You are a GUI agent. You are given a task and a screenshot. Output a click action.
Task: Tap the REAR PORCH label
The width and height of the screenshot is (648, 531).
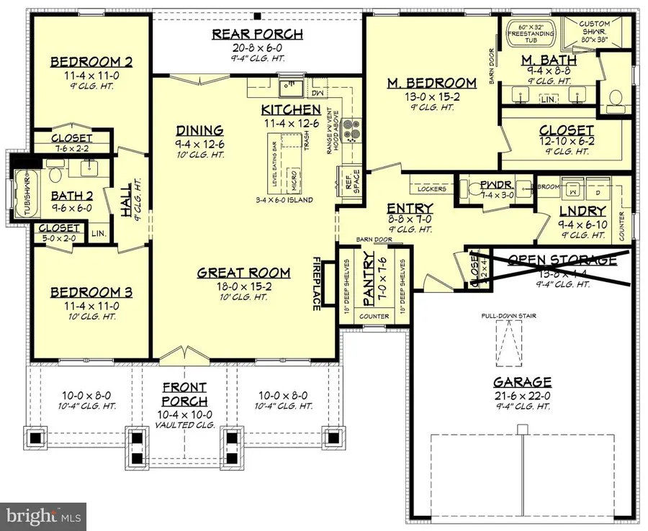pos(256,34)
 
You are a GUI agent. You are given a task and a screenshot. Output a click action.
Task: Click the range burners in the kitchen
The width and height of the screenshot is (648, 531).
pos(350,132)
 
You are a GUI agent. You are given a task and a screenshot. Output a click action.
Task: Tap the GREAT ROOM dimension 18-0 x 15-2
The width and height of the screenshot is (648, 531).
pos(245,286)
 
